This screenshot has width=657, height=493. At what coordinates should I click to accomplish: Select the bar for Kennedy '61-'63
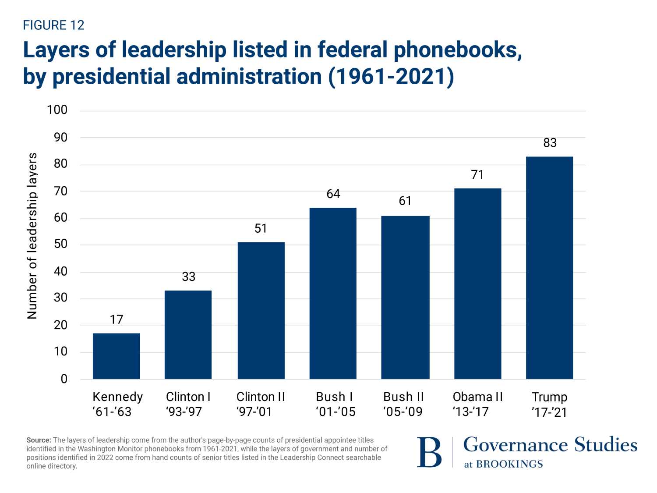coord(116,356)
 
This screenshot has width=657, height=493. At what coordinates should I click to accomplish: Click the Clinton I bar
coord(188,335)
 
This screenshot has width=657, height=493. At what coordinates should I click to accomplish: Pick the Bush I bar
coord(333,293)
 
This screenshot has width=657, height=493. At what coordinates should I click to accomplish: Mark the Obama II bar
coord(477,284)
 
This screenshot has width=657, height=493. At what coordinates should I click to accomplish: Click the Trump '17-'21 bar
coord(549,268)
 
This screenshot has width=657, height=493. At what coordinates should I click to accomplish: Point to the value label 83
coord(550,143)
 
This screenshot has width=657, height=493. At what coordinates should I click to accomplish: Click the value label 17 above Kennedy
coord(117,319)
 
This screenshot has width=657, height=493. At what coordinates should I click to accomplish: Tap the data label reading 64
coord(333,194)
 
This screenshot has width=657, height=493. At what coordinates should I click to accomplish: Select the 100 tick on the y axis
coord(57,110)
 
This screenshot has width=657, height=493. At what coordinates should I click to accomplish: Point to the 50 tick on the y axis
coord(60,244)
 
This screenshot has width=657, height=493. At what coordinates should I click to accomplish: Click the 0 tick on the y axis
coord(64,379)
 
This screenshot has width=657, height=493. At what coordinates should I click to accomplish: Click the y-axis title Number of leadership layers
coord(32,236)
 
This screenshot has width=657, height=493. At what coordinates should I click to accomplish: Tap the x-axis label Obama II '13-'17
coord(477,404)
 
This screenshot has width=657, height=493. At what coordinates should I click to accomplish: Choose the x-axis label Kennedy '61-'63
coord(117,404)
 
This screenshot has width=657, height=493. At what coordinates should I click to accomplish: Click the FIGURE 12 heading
coord(53,25)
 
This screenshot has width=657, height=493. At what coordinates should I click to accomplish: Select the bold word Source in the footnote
coord(39,440)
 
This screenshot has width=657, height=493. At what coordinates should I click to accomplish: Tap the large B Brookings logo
coord(429,452)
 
